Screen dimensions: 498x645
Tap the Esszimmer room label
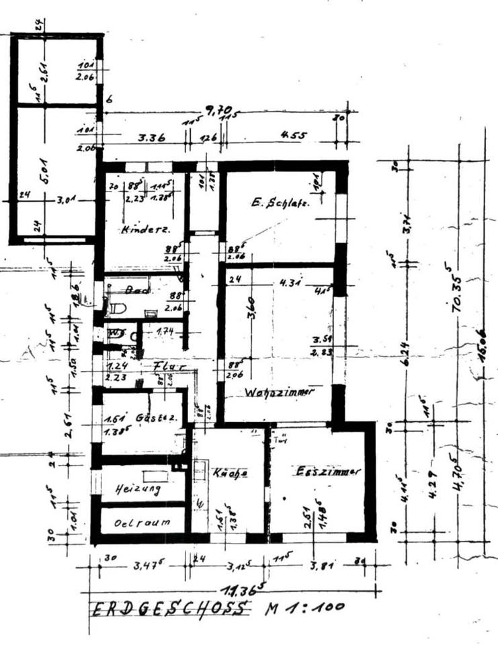click(x=328, y=472)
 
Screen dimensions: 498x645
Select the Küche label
click(x=231, y=473)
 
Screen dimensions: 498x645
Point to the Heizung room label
click(x=137, y=489)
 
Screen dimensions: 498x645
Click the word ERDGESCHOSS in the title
click(x=169, y=609)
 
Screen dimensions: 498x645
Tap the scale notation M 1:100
click(x=305, y=607)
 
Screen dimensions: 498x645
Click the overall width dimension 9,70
click(x=219, y=109)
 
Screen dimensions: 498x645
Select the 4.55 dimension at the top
click(x=293, y=135)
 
